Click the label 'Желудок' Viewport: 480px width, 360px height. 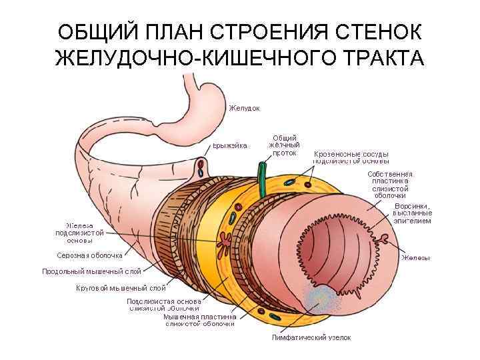click(244, 107)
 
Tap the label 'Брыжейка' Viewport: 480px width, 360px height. click(230, 145)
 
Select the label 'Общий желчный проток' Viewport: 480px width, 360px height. click(285, 145)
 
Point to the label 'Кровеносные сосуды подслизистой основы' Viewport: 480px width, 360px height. click(351, 157)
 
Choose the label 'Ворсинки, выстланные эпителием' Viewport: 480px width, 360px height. click(412, 213)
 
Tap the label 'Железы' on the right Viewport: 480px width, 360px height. click(415, 258)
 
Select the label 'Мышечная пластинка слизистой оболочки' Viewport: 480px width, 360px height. click(200, 321)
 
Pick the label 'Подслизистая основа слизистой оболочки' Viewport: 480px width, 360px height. click(163, 305)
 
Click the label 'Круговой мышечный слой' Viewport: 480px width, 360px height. click(121, 288)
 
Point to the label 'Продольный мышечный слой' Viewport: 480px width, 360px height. click(91, 271)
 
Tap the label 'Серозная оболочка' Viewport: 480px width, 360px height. click(89, 255)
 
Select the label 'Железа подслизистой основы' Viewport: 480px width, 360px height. click(79, 233)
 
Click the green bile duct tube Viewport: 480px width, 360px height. click(262, 179)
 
